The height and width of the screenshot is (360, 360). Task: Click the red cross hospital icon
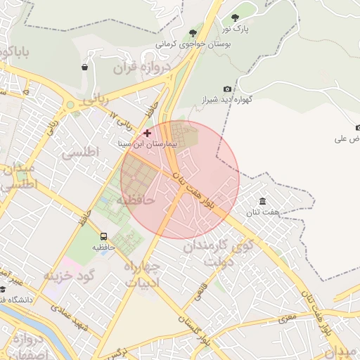point(147,132)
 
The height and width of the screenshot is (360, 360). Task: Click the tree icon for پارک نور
point(235,18)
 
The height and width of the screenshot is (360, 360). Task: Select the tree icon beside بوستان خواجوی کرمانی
point(193,33)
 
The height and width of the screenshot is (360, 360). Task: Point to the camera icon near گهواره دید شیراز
point(227,89)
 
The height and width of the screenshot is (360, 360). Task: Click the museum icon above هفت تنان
point(262,202)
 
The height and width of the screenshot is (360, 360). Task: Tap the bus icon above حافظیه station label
point(104,237)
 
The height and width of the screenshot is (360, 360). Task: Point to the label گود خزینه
point(69,275)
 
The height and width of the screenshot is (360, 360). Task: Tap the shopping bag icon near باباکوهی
point(84,67)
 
